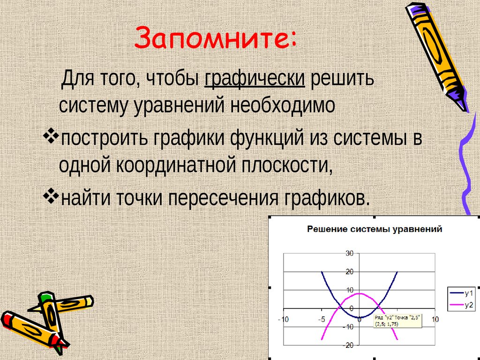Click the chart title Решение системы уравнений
pos(374,230)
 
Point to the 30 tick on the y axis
pos(349,254)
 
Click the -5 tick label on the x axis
pos(321,319)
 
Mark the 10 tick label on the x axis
pos(435,319)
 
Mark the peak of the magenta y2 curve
pos(359,293)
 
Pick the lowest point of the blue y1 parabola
pos(359,317)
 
